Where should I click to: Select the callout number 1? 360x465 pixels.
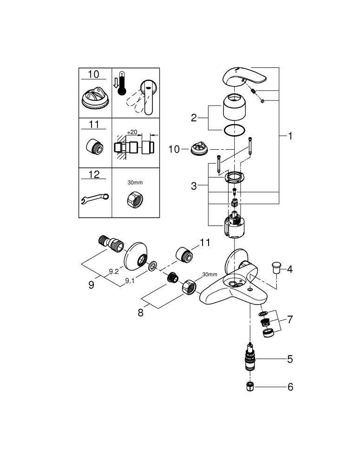[x=290, y=136]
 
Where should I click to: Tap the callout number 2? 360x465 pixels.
[x=194, y=118]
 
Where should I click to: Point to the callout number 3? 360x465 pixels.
[x=194, y=186]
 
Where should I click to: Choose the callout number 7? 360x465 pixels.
[x=290, y=320]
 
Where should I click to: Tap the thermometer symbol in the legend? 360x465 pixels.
[x=122, y=83]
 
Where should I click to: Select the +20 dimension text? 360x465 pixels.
[x=132, y=132]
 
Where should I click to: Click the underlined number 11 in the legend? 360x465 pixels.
[x=94, y=125]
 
